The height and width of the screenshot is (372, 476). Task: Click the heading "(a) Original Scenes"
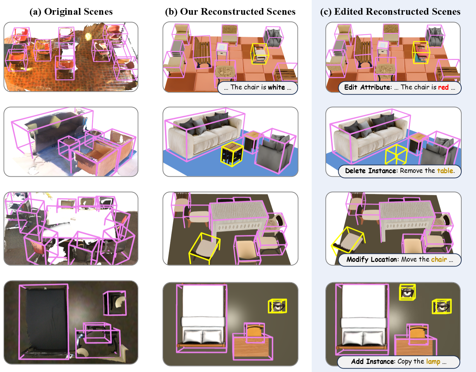71,12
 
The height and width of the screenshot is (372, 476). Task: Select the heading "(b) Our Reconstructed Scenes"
230,12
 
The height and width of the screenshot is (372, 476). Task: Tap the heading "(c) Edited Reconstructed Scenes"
390,12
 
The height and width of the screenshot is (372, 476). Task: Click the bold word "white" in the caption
276,87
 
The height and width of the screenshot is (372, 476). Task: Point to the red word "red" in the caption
443,87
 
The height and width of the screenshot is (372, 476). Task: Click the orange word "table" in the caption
445,170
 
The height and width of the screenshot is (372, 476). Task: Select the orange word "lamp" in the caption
433,361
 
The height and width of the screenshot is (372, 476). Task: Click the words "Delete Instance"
371,170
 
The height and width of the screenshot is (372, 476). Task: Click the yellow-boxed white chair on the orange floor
260,54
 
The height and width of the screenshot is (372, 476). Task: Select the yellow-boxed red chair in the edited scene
421,53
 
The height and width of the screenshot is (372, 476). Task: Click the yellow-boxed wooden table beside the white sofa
232,154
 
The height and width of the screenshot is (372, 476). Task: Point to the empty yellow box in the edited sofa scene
396,154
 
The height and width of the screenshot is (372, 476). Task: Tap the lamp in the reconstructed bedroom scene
277,306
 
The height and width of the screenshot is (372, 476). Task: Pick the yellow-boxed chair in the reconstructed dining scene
204,248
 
